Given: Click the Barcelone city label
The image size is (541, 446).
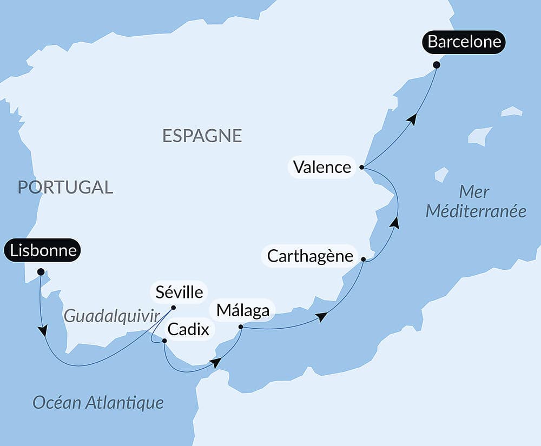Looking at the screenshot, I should (x=464, y=42).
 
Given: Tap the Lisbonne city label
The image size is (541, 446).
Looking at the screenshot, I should (x=42, y=251).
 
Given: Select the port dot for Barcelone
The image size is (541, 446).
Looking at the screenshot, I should (x=437, y=65).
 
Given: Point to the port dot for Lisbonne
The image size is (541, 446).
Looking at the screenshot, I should (x=41, y=271).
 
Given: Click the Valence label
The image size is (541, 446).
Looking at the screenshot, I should (x=322, y=167).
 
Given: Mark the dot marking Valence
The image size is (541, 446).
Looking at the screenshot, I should (x=361, y=168).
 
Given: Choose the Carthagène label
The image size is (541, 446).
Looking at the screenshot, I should (x=310, y=256).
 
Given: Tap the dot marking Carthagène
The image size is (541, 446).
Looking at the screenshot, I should (x=364, y=260).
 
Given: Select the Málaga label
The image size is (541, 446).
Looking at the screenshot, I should (x=242, y=310).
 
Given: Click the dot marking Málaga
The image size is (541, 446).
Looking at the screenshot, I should (x=241, y=327).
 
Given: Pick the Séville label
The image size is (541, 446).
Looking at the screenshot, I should (x=179, y=292).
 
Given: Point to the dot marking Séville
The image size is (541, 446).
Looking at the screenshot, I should (x=174, y=308).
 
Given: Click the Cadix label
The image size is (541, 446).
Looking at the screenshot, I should (x=188, y=329).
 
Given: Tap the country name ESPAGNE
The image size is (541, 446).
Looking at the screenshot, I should (x=202, y=136).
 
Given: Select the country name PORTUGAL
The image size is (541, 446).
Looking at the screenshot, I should (x=65, y=187).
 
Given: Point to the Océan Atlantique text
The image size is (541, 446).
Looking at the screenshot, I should (x=98, y=402).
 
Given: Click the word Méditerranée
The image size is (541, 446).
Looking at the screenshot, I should (x=476, y=211).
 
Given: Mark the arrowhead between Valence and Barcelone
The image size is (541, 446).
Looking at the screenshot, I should (x=412, y=119).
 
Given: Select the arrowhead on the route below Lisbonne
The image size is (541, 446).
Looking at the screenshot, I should (x=42, y=330).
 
